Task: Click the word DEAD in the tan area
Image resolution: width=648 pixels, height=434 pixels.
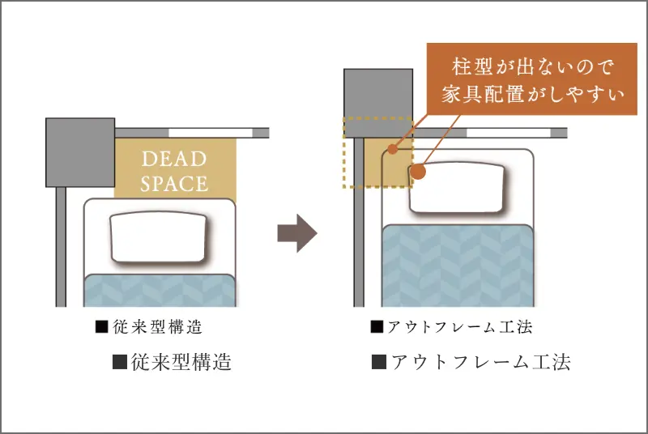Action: click(174, 159)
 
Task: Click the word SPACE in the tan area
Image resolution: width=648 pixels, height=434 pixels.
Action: click(174, 184)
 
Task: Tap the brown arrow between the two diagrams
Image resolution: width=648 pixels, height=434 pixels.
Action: click(297, 233)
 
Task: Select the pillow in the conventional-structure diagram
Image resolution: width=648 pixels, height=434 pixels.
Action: click(159, 237)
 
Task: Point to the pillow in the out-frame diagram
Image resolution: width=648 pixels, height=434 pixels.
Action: click(457, 188)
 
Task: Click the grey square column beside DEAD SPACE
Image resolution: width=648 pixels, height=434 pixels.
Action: click(80, 152)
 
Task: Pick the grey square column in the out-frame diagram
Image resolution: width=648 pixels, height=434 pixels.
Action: click(378, 103)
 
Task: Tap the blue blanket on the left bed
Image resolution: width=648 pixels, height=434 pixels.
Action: click(160, 291)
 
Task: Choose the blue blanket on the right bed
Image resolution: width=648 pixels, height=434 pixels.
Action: click(458, 266)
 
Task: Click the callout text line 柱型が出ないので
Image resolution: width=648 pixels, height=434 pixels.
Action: click(532, 67)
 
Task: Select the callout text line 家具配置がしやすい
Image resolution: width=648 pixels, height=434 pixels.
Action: click(532, 95)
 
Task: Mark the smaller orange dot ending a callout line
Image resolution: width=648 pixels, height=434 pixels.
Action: click(393, 149)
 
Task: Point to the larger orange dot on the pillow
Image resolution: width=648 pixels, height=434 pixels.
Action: click(419, 172)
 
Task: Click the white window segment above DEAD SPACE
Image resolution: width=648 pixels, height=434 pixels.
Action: click(211, 133)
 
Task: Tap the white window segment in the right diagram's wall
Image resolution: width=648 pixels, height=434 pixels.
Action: click(509, 133)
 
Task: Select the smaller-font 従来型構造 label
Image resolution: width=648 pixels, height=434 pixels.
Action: click(149, 327)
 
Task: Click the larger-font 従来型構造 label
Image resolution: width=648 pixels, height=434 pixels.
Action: click(172, 362)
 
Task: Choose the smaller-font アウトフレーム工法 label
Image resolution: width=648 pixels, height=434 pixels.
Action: click(452, 327)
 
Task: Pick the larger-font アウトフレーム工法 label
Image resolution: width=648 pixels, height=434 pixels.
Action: click(471, 362)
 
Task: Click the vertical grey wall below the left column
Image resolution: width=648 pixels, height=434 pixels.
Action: click(61, 247)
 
